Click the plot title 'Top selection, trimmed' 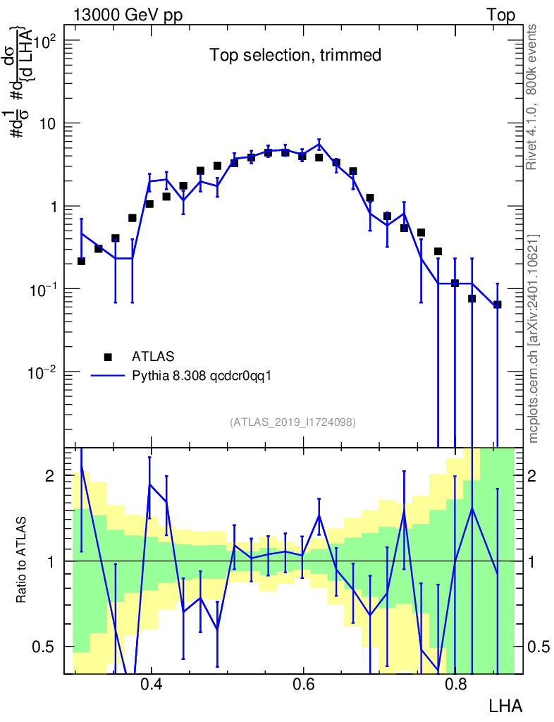(x=295, y=55)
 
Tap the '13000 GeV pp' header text (x=128, y=15)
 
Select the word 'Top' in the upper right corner (x=501, y=15)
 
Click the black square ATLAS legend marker (x=108, y=357)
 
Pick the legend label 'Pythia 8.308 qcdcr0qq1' (x=202, y=377)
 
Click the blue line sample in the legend (x=108, y=376)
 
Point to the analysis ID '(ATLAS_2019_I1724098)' (x=293, y=422)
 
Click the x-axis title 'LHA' (x=505, y=706)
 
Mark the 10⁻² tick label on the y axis (x=42, y=373)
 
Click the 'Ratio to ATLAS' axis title (x=21, y=560)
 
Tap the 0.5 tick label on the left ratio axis (x=43, y=647)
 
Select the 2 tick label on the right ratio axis (x=531, y=476)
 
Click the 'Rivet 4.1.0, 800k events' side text (x=531, y=97)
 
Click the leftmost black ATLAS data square (x=82, y=261)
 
